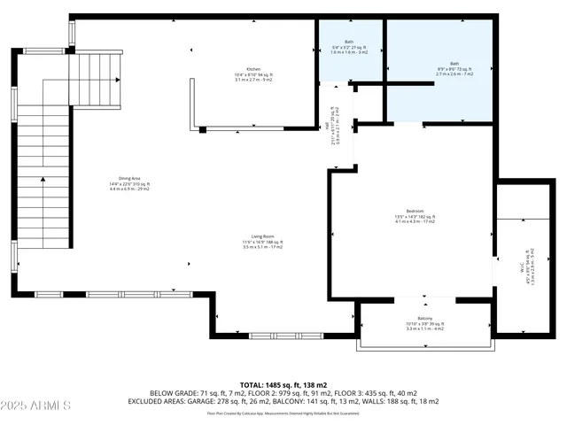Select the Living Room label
pyautogui.click(x=261, y=236)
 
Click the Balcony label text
pyautogui.click(x=424, y=319)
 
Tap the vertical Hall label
pyautogui.click(x=328, y=127)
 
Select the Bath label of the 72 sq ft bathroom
pyautogui.click(x=454, y=63)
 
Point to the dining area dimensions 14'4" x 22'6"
pyautogui.click(x=129, y=184)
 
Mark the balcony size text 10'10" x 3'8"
pyautogui.click(x=424, y=324)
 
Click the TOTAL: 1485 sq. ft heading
pyautogui.click(x=283, y=383)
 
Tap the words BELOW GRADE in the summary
pyautogui.click(x=173, y=393)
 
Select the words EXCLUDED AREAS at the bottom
pyautogui.click(x=176, y=402)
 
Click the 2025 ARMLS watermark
pyautogui.click(x=36, y=406)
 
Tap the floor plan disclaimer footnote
pyautogui.click(x=283, y=413)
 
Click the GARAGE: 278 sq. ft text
pyautogui.click(x=250, y=402)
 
